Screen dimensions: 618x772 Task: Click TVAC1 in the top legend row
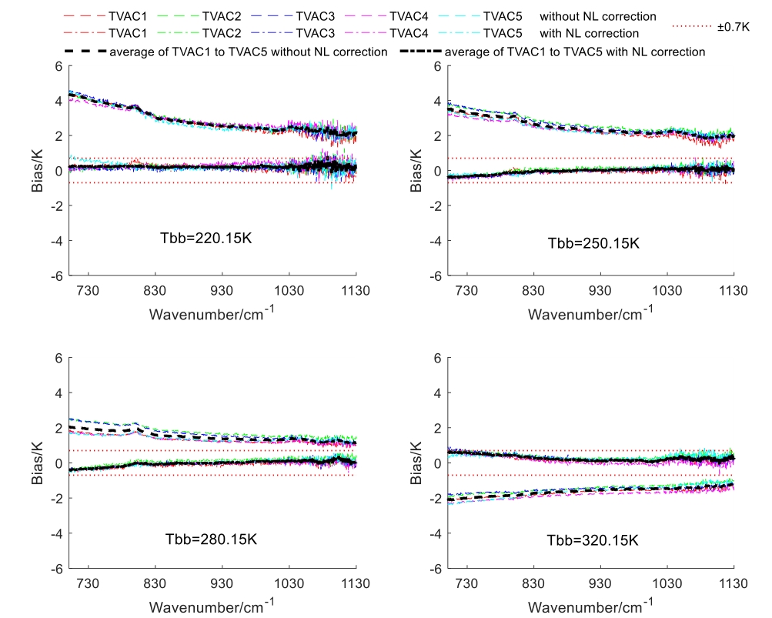(x=130, y=15)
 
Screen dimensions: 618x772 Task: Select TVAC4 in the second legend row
(x=411, y=33)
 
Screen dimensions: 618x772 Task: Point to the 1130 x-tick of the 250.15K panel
(x=733, y=291)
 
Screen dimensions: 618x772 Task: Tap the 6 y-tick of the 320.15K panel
(x=436, y=358)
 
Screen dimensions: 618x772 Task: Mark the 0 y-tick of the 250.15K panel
(x=436, y=171)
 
